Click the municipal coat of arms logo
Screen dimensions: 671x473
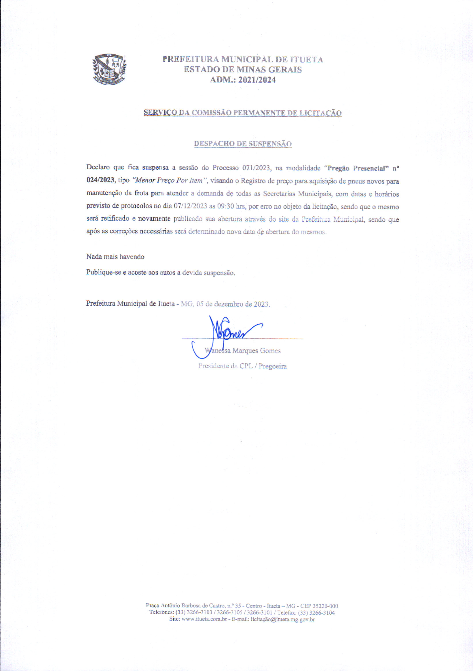point(109,69)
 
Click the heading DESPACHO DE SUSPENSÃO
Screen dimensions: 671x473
point(243,144)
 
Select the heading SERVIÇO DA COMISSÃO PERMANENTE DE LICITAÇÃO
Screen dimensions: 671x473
point(243,113)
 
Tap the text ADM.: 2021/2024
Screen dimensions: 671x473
point(243,80)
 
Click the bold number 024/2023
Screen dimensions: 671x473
point(100,180)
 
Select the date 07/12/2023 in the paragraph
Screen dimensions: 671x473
point(190,206)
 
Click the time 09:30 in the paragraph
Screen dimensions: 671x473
point(225,206)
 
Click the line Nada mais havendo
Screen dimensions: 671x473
point(115,257)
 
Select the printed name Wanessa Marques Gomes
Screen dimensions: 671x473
point(243,351)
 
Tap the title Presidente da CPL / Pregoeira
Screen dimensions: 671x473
point(242,366)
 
